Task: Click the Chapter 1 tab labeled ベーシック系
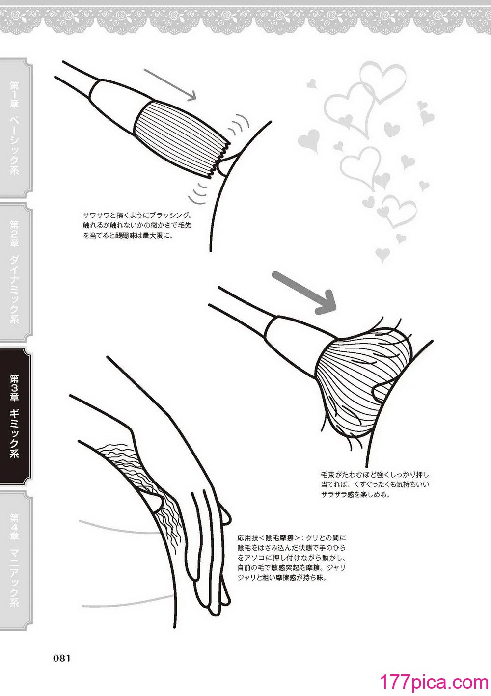[16, 128]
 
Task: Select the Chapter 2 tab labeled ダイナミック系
[16, 272]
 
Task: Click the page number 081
[62, 658]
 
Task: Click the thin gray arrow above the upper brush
[170, 84]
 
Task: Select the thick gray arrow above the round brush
[304, 293]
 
